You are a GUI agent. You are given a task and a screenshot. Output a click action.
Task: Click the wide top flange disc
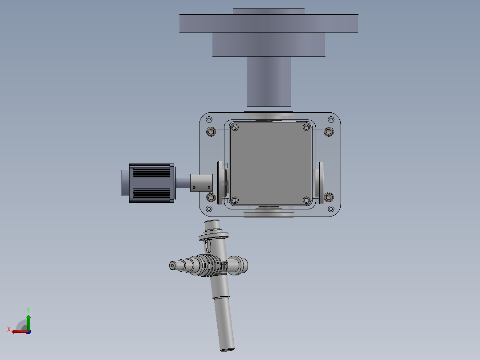[x=268, y=23]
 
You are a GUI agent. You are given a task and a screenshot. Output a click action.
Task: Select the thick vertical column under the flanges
[x=269, y=82]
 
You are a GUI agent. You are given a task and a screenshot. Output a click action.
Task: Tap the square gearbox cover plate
[x=271, y=164]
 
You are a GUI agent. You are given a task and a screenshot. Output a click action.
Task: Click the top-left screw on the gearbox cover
[x=235, y=127]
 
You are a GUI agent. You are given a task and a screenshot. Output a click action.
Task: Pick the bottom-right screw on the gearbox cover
[x=306, y=200]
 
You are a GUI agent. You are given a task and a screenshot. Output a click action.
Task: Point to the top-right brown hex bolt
[x=329, y=132]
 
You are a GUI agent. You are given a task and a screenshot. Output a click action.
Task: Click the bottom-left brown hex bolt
[x=211, y=197]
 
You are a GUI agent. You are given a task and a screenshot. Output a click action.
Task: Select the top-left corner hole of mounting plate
[x=209, y=119]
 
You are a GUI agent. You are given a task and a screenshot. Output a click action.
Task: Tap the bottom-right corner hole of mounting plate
[x=331, y=209]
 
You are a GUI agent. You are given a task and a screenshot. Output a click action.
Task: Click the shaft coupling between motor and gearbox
[x=201, y=183]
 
